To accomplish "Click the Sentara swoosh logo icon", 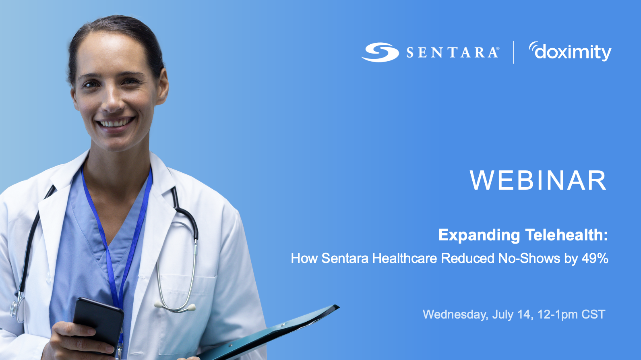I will pos(380,52).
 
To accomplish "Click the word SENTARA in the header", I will pos(452,53).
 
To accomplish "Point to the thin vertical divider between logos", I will pos(513,52).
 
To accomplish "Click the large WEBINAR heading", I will pos(538,180).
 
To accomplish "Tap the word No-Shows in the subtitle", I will pos(529,258).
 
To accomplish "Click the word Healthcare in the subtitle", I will pos(404,258).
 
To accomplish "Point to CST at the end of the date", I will pos(593,314).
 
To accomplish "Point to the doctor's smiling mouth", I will pos(115,122).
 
